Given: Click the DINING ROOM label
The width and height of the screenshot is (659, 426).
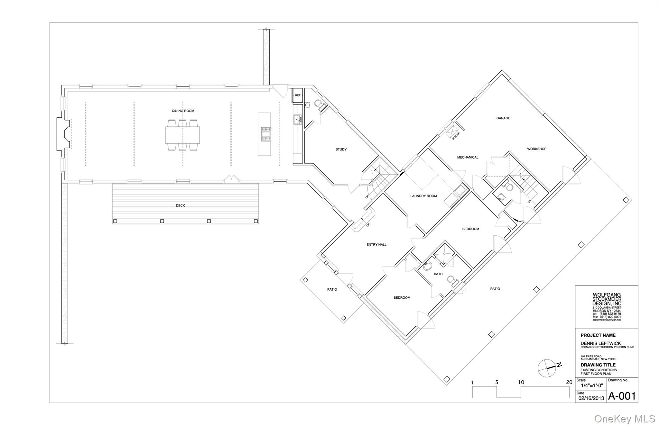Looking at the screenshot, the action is coord(183,111).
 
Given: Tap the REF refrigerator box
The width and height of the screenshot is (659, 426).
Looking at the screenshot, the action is coord(298,95).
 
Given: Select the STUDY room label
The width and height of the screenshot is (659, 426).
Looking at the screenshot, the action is coord(341,150).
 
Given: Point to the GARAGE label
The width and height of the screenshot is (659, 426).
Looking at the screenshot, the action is coord(503,118).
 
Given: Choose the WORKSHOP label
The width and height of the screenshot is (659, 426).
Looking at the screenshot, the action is coord(537,149).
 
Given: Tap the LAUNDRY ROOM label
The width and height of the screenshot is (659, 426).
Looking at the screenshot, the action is coord(423,196).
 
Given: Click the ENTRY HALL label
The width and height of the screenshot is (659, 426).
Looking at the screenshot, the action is coord(376,245).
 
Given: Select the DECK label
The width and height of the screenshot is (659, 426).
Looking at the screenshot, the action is coord(180,206).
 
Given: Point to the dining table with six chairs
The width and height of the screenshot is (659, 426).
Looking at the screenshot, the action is coord(182,135).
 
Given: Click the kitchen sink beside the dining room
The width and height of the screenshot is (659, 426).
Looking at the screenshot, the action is coord(297,120).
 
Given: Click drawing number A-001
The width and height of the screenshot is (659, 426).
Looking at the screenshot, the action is coord(622,396).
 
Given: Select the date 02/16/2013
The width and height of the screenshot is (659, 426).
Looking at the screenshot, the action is coord(591,398).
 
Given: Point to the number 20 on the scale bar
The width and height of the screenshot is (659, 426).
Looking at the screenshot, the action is coord(569,382).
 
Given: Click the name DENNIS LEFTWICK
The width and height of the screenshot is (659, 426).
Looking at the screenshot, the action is coord(601,343).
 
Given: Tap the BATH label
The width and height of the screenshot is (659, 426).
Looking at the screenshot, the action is coord(438,274).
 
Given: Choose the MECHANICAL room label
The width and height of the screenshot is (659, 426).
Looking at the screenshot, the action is coord(468,158).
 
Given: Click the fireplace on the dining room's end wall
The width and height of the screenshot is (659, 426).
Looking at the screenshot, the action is coord(64,133).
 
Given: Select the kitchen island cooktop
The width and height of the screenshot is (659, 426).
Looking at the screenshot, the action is coord(266,134).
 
